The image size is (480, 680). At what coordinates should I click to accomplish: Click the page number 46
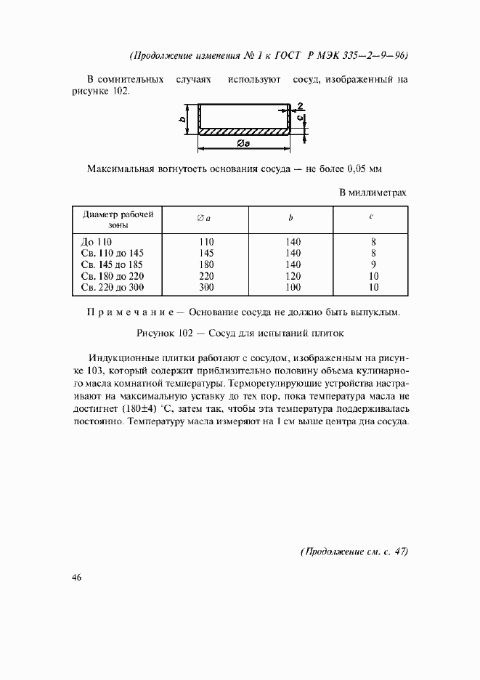point(77,578)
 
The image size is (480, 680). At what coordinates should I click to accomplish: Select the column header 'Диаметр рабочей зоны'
point(118,219)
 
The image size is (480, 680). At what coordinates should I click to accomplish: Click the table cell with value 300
point(206,288)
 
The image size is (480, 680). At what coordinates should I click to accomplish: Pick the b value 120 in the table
point(293,276)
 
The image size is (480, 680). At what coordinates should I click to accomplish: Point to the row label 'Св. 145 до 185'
point(113,264)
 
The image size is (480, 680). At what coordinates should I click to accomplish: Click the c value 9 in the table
point(372,264)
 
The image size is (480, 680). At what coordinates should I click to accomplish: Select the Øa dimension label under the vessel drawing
point(243,145)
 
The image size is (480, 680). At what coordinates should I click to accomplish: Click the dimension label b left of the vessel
point(180,118)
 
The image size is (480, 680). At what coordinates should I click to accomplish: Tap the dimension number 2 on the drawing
point(300,105)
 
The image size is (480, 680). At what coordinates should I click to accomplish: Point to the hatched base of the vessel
point(243,131)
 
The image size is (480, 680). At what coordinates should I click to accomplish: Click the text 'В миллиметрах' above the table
point(373,193)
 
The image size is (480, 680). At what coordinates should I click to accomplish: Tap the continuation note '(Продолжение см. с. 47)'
point(354,551)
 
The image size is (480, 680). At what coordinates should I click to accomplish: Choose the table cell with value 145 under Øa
point(206,252)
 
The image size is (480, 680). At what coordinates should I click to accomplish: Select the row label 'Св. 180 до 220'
point(113,276)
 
